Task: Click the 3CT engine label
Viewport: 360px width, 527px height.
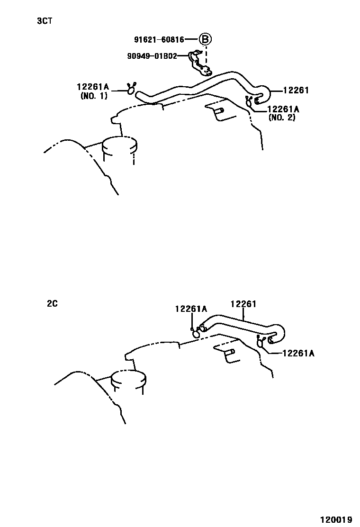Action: tap(45, 21)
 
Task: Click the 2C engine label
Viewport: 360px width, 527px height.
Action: tap(52, 304)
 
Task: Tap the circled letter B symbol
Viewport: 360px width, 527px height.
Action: tap(205, 40)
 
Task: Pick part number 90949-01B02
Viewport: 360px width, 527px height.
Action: tap(152, 56)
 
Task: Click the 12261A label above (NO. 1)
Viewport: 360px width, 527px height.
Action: tap(92, 87)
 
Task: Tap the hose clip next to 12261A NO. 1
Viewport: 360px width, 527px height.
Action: tap(131, 88)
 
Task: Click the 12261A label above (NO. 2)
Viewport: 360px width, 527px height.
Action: tap(283, 109)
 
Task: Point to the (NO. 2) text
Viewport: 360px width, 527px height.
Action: tap(282, 118)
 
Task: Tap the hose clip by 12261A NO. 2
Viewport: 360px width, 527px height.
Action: tap(249, 101)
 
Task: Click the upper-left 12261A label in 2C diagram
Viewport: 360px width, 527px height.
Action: tap(191, 309)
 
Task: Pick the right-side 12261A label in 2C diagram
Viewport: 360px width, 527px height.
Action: tap(298, 353)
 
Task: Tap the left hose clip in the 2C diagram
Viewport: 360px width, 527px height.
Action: tap(196, 333)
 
